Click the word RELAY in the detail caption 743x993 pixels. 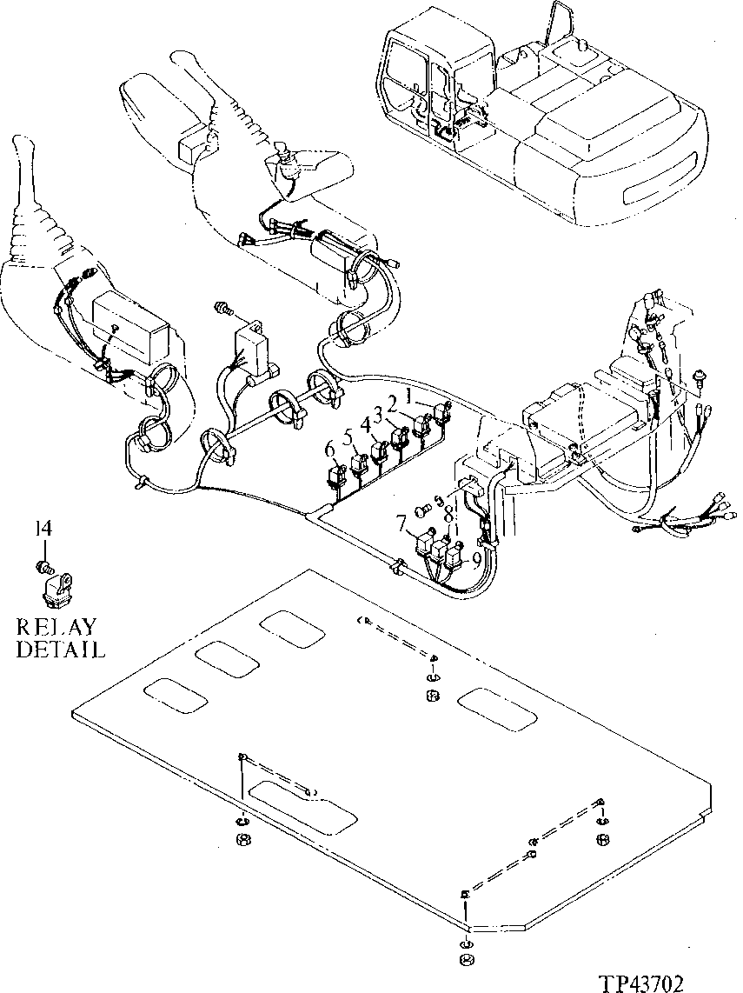point(57,627)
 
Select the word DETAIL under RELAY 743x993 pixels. point(60,649)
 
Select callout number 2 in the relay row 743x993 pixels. point(393,403)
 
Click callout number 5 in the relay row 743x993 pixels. point(347,439)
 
